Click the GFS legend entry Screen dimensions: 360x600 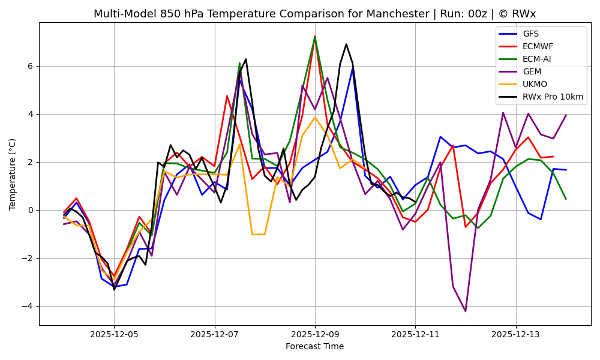pyautogui.click(x=530, y=34)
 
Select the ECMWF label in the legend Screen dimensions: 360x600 pyautogui.click(x=538, y=47)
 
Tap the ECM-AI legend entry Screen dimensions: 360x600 pyautogui.click(x=536, y=59)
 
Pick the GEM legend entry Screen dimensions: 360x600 pyautogui.click(x=532, y=72)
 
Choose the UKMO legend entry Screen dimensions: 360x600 pyautogui.click(x=535, y=85)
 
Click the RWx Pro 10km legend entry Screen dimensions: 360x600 pyautogui.click(x=553, y=97)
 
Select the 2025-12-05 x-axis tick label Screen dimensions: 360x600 pyautogui.click(x=114, y=334)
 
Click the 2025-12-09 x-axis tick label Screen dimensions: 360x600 pyautogui.click(x=315, y=334)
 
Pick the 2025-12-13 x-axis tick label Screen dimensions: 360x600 pyautogui.click(x=515, y=334)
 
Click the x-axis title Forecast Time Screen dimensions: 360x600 pyautogui.click(x=314, y=346)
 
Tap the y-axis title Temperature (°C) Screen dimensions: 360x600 pyautogui.click(x=13, y=174)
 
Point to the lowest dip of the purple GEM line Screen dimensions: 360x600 pyautogui.click(x=465, y=311)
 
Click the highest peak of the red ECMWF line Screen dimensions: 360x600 pyautogui.click(x=315, y=37)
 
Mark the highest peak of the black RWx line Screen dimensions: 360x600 pyautogui.click(x=346, y=44)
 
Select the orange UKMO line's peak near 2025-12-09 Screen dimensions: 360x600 pyautogui.click(x=315, y=117)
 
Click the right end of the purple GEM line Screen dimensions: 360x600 pyautogui.click(x=566, y=115)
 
